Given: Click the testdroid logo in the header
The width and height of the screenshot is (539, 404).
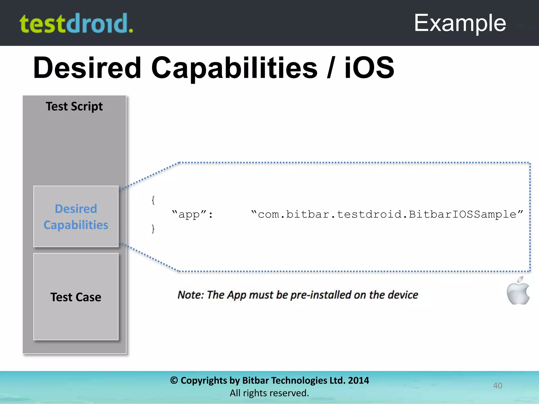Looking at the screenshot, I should coord(76,24).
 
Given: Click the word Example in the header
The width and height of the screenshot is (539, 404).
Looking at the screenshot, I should coord(460,23).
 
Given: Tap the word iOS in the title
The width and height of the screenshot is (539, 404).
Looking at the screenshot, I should coord(369,68).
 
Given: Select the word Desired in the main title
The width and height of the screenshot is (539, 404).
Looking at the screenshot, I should coord(87,68).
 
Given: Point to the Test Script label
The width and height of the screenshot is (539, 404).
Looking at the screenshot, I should coord(74,106).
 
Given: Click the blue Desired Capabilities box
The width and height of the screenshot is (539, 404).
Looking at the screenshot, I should coord(76,216).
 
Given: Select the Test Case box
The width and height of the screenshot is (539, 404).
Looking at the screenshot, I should coord(76,297).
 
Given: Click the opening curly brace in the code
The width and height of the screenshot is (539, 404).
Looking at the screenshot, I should coord(153,200).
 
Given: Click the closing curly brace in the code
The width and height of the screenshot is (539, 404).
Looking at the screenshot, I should coord(153,229).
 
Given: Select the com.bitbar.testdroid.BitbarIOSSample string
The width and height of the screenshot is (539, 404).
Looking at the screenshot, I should coord(387,214).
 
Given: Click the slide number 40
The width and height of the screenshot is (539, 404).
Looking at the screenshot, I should coord(497,385).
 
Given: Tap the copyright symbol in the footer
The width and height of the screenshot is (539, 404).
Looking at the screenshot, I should coord(174,380).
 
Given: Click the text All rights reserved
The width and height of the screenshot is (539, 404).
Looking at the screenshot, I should coord(269,393).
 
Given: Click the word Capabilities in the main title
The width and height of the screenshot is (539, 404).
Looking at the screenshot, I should coord(234,68).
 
